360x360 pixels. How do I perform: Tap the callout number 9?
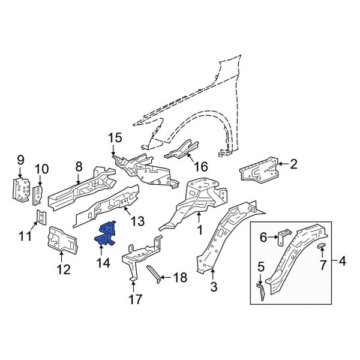(20, 160)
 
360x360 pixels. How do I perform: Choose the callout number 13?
(137, 221)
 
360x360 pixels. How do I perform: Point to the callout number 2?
(294, 163)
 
